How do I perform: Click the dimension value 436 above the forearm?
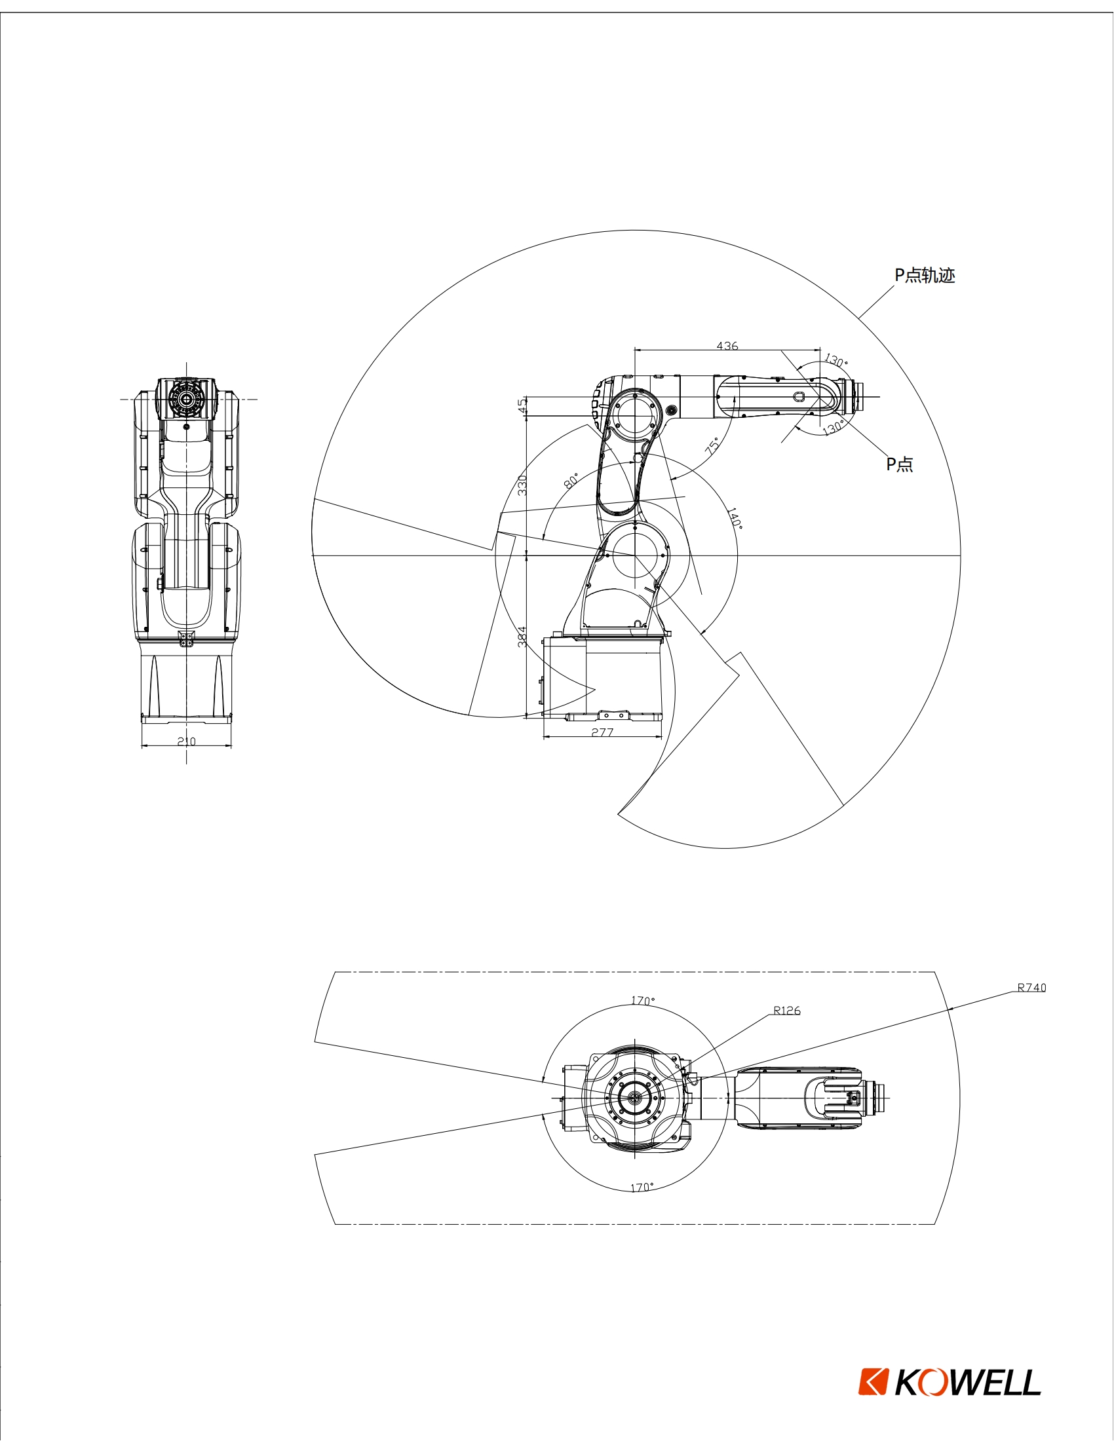[727, 346]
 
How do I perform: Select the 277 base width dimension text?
[602, 732]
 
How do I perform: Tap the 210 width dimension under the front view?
[187, 741]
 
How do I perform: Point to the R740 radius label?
[1031, 988]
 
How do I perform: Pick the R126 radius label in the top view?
[787, 1010]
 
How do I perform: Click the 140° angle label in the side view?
[735, 519]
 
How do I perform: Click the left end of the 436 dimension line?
[634, 350]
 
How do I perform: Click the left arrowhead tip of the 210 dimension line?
[142, 746]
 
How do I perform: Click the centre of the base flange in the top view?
[634, 1096]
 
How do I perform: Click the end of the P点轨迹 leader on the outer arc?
[858, 319]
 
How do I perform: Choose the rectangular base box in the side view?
[601, 677]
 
